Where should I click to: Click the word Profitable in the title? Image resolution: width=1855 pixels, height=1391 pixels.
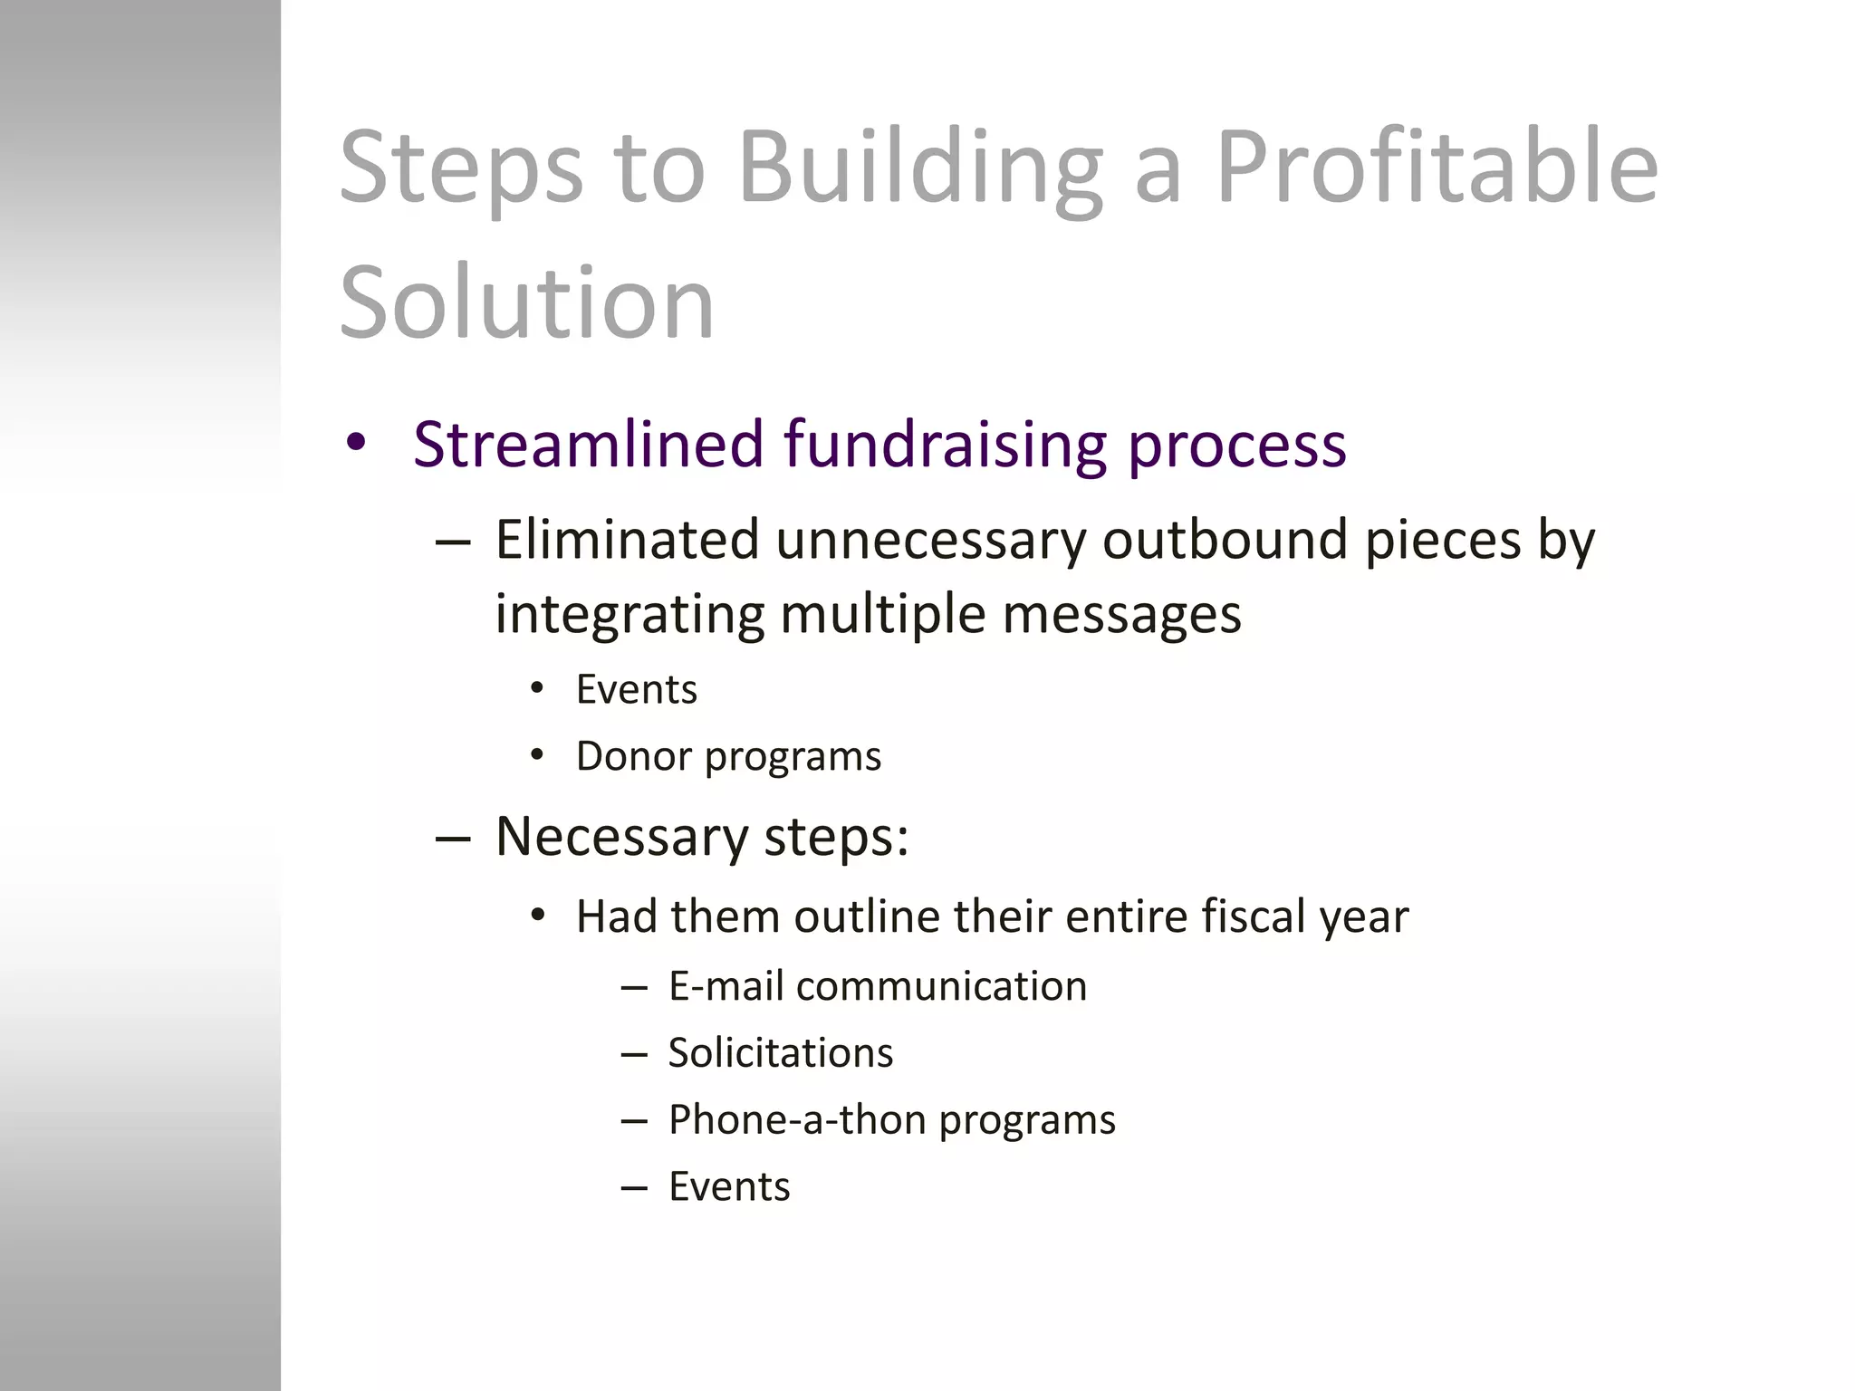(1436, 168)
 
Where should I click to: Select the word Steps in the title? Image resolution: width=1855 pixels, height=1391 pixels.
(461, 168)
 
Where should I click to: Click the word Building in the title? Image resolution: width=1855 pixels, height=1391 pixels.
(920, 168)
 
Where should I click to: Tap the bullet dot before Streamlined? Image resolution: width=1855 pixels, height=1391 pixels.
(356, 444)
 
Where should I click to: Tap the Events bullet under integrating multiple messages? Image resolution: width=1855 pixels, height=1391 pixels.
(636, 690)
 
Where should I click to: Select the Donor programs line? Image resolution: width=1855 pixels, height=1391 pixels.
(727, 756)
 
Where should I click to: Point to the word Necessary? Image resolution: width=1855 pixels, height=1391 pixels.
(621, 837)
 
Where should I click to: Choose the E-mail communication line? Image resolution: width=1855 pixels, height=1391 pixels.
(877, 986)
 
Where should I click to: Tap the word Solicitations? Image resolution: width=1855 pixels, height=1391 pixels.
(780, 1053)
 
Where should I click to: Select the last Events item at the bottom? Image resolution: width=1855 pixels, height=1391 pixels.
(728, 1186)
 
